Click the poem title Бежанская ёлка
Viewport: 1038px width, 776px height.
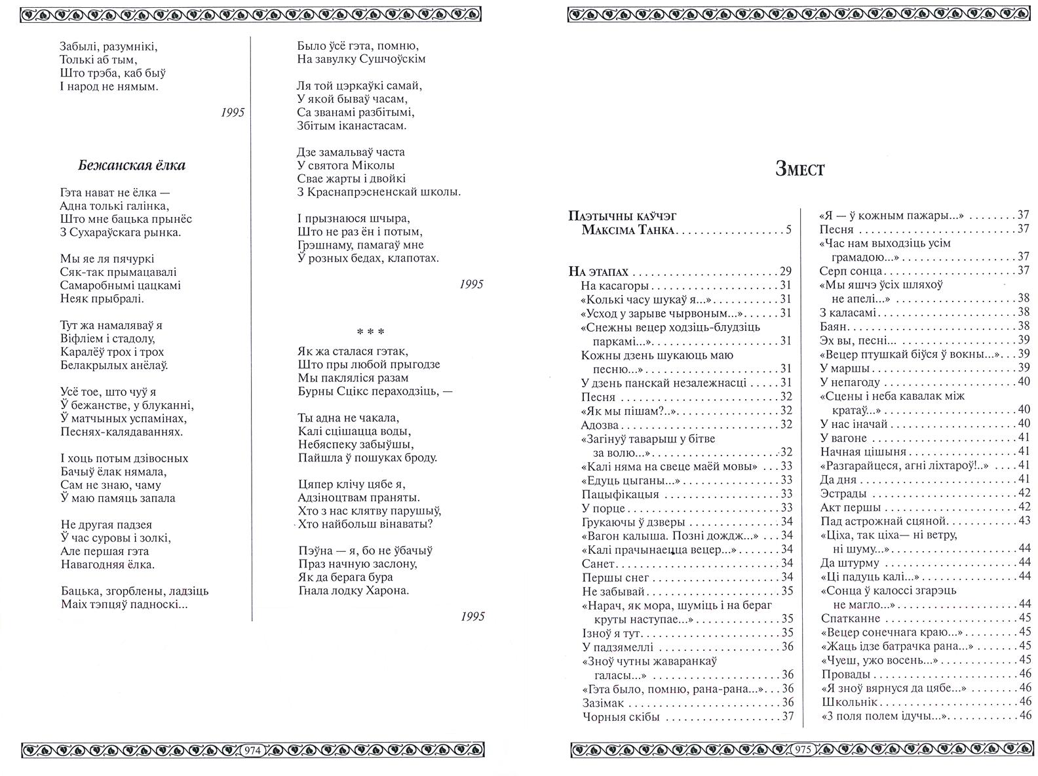tap(131, 165)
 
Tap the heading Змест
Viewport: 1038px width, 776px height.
tap(799, 169)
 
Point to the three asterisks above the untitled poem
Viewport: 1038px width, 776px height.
tap(370, 332)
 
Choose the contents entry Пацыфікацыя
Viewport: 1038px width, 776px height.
tap(620, 494)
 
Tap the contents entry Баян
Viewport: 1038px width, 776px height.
tap(834, 326)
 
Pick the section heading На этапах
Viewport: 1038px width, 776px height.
tap(598, 271)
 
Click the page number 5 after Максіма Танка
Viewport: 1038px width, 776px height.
tap(788, 230)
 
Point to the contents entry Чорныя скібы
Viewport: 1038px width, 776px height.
tap(621, 716)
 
